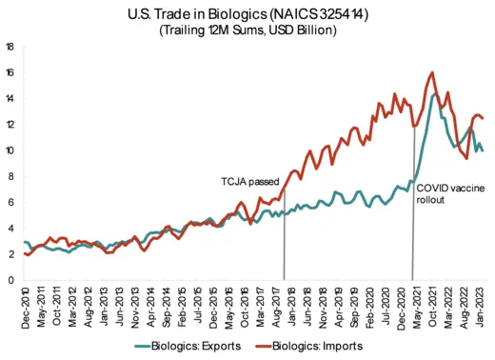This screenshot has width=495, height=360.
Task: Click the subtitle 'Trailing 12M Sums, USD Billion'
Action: pyautogui.click(x=248, y=30)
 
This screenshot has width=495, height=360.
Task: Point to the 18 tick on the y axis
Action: pyautogui.click(x=9, y=46)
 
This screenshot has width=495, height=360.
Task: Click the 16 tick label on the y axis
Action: pyautogui.click(x=9, y=72)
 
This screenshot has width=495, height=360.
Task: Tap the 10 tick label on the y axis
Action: pyautogui.click(x=9, y=150)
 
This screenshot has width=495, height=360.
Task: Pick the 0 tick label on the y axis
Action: pyautogui.click(x=10, y=280)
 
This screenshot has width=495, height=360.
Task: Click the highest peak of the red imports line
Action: pyautogui.click(x=433, y=72)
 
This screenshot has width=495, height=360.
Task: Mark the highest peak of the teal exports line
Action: pyautogui.click(x=436, y=93)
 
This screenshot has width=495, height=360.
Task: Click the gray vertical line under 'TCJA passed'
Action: pyautogui.click(x=285, y=248)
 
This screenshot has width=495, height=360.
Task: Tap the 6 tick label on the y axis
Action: pyautogui.click(x=10, y=202)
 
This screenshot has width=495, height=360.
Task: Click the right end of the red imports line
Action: pyautogui.click(x=483, y=118)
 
